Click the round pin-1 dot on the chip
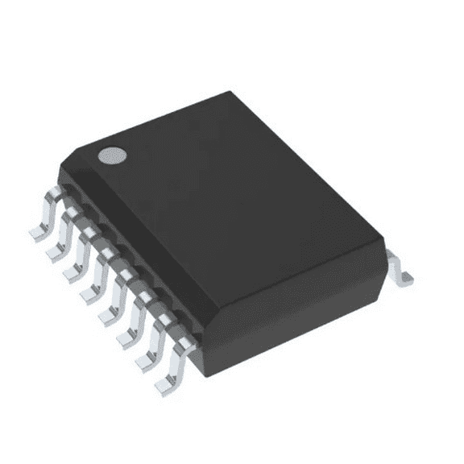(x=112, y=155)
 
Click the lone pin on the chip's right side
(x=400, y=269)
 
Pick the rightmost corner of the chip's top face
(x=385, y=242)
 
